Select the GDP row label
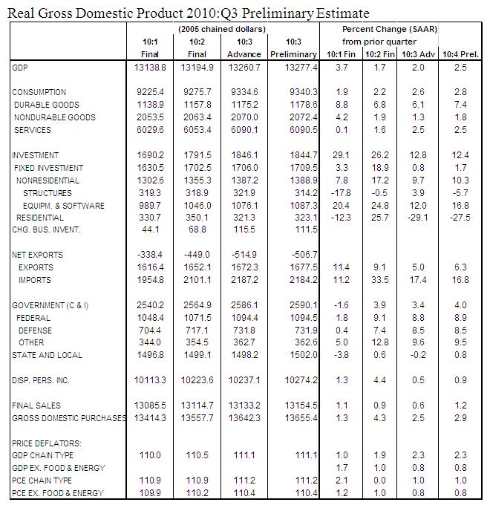click(21, 68)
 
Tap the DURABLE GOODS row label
click(47, 105)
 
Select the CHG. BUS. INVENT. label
click(46, 230)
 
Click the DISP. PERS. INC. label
click(42, 381)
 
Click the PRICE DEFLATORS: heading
click(46, 443)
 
